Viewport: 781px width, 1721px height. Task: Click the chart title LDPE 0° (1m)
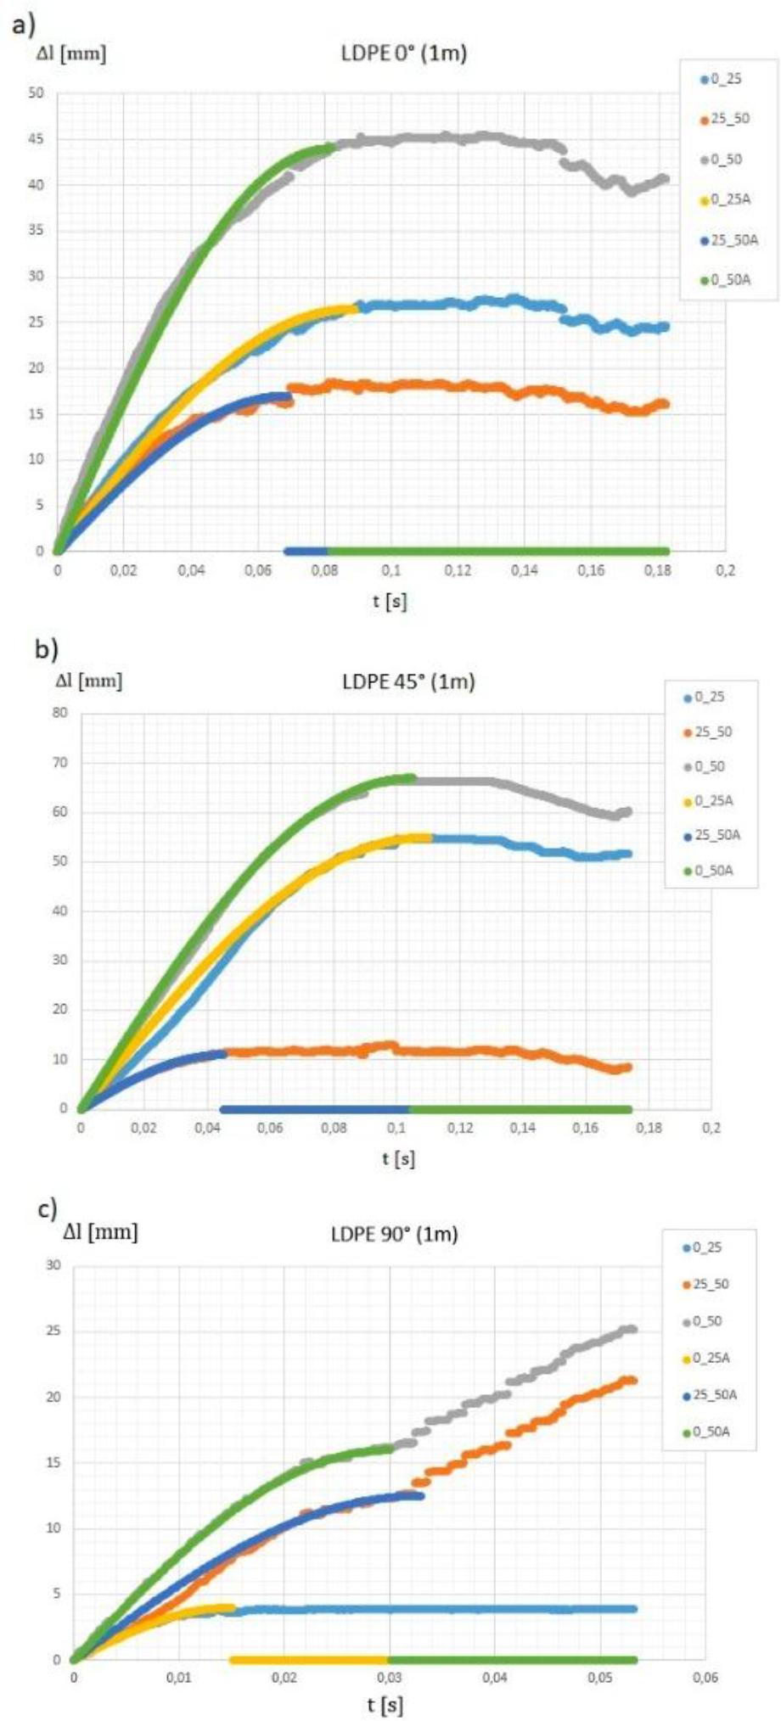click(398, 54)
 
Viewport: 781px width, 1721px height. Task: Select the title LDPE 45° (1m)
click(408, 681)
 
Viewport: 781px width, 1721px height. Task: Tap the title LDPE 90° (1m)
click(394, 1234)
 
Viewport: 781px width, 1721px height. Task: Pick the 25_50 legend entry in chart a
click(729, 119)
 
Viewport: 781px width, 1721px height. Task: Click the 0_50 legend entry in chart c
click(707, 1321)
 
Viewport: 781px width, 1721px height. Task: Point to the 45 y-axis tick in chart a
click(36, 139)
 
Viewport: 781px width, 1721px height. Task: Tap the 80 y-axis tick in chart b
click(59, 713)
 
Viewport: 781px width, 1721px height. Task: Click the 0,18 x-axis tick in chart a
click(658, 570)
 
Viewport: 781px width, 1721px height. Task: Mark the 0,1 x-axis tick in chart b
click(396, 1128)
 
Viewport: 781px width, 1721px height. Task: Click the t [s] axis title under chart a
click(389, 602)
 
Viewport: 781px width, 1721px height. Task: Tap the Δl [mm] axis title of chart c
click(100, 1231)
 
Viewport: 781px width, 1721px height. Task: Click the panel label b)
click(46, 650)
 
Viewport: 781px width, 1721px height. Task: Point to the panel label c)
click(47, 1208)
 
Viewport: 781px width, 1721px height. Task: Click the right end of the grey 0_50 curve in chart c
click(632, 1330)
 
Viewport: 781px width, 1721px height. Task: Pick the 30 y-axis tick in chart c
click(54, 1265)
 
